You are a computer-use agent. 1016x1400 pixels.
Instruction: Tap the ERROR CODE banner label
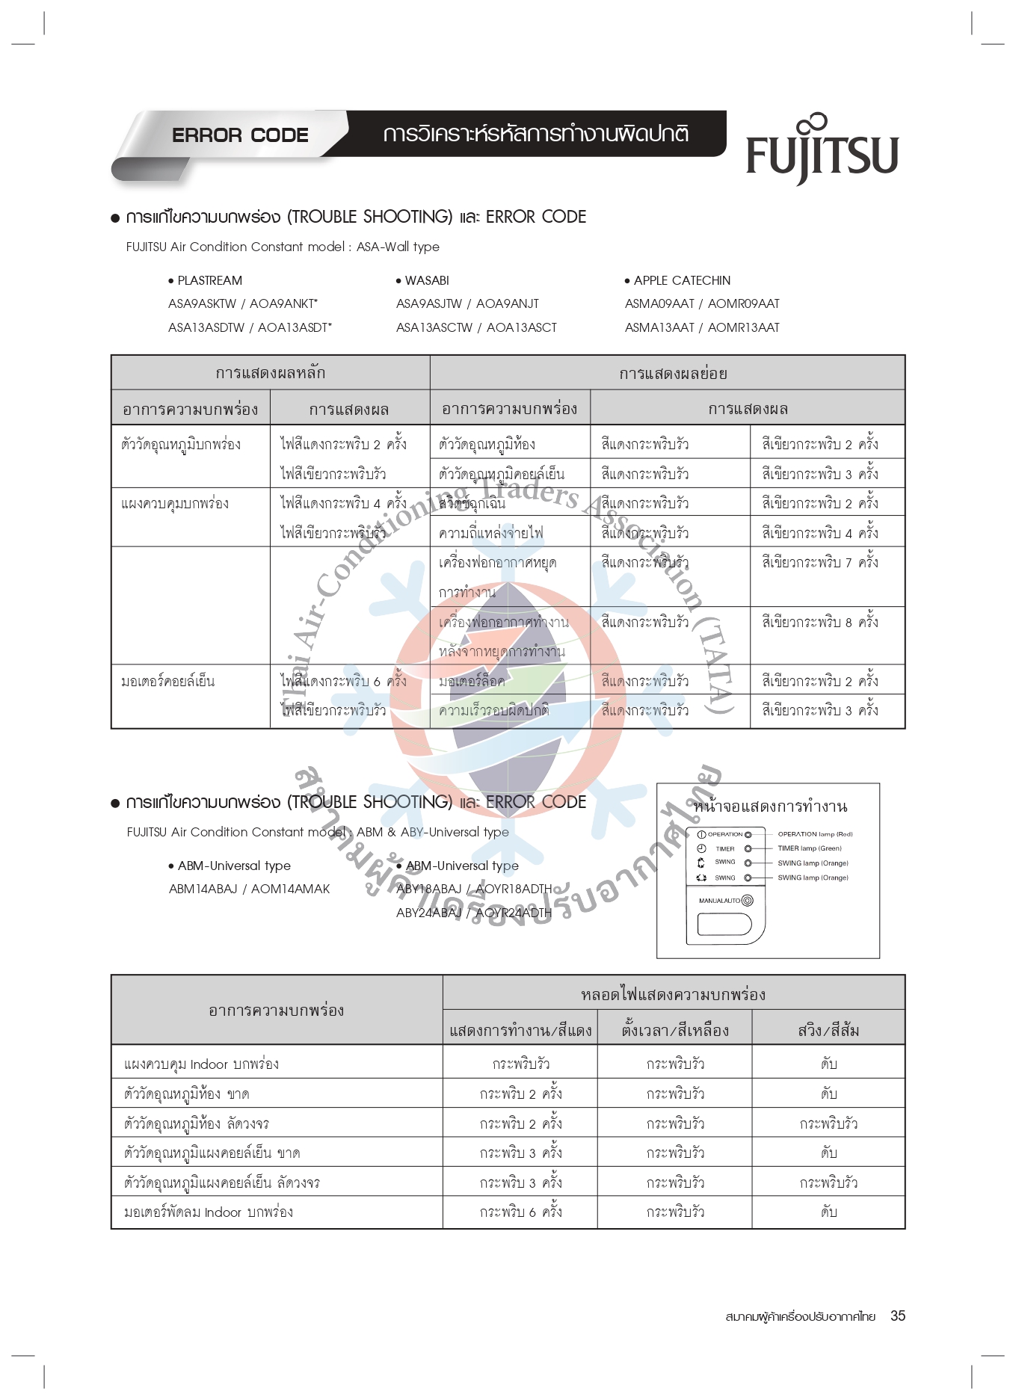click(240, 135)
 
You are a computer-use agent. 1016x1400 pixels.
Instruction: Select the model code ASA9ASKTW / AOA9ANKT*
click(243, 303)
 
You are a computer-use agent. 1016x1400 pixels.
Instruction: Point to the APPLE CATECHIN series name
click(681, 280)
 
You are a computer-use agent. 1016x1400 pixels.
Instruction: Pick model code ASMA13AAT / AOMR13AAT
click(702, 327)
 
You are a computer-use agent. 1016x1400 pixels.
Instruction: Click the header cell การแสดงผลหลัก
click(270, 372)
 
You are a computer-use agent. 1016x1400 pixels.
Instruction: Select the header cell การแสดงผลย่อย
click(672, 373)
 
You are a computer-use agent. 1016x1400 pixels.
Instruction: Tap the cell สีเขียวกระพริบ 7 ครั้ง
click(820, 562)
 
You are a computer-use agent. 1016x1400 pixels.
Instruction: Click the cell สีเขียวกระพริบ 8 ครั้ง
click(820, 621)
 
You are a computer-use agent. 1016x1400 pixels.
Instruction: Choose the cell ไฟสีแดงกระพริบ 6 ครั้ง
click(343, 681)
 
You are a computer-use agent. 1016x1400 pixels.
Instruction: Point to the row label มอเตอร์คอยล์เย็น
click(167, 681)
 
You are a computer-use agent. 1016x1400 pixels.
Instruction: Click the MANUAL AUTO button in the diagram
click(747, 901)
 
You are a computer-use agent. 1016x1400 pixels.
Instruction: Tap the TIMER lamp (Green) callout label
click(809, 848)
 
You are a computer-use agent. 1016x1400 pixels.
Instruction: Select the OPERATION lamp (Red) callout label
click(814, 834)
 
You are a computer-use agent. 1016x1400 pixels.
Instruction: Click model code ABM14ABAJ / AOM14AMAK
click(249, 889)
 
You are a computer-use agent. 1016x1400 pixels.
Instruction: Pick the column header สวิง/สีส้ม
click(828, 1031)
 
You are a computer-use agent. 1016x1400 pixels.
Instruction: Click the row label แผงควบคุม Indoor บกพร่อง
click(201, 1064)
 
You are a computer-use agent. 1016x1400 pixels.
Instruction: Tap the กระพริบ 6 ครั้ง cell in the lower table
click(520, 1212)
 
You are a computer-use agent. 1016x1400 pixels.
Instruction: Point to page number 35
click(897, 1316)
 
